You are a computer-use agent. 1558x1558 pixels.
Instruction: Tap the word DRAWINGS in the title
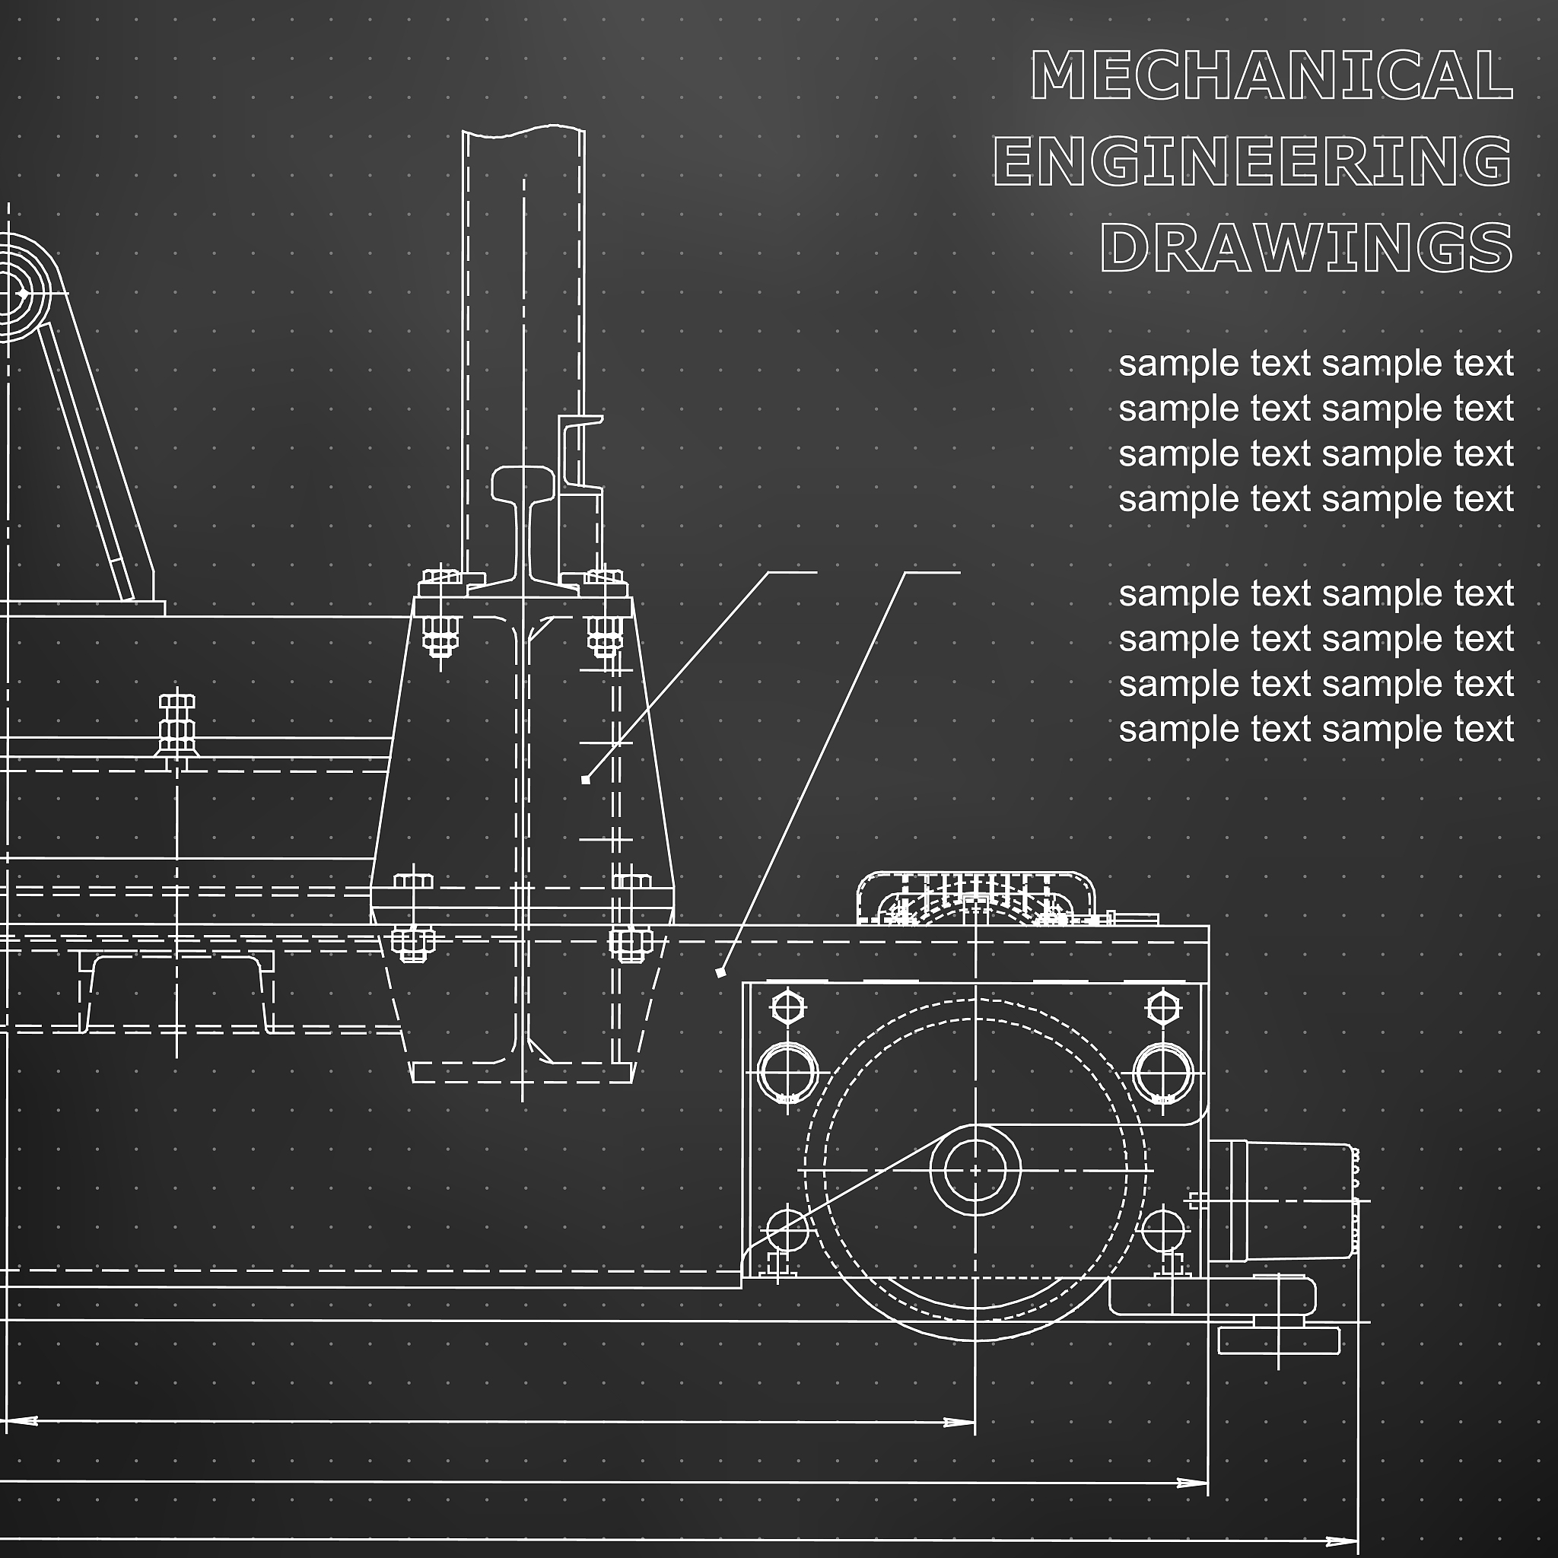pyautogui.click(x=1306, y=246)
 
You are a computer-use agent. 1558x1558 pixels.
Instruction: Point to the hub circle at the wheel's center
pyautogui.click(x=975, y=1169)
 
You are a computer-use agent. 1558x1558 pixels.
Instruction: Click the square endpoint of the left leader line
pyautogui.click(x=586, y=780)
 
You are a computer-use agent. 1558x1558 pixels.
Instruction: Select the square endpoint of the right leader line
pyautogui.click(x=720, y=973)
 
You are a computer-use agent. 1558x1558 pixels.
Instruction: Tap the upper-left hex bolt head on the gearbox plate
pyautogui.click(x=788, y=1006)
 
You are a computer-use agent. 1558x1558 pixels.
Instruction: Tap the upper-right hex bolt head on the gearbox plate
pyautogui.click(x=1162, y=1006)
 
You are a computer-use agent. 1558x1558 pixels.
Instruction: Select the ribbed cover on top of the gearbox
pyautogui.click(x=976, y=897)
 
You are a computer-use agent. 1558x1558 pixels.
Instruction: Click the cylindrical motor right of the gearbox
pyautogui.click(x=1282, y=1200)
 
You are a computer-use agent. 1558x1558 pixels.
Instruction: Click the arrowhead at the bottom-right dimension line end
pyautogui.click(x=1347, y=1541)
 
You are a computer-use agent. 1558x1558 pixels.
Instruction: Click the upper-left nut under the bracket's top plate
pyautogui.click(x=440, y=634)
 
